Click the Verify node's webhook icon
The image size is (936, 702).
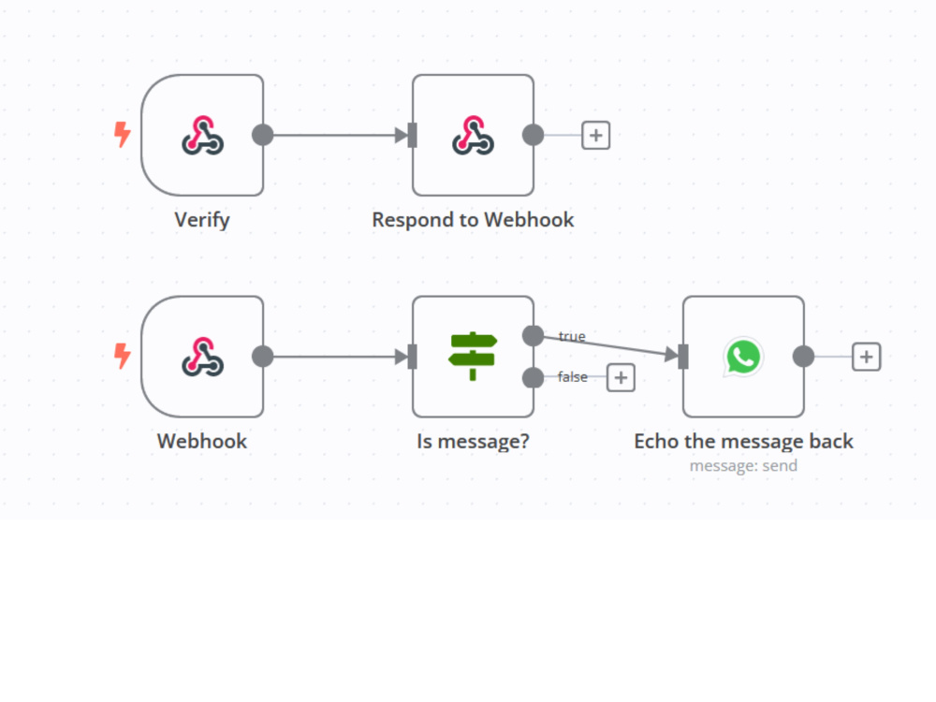(203, 136)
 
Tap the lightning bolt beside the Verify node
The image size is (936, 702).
(123, 134)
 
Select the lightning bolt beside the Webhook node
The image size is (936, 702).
(123, 356)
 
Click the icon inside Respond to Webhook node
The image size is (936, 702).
(473, 136)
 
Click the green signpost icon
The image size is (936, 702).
(472, 357)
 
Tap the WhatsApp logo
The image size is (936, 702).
(743, 357)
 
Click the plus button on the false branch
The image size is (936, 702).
(621, 378)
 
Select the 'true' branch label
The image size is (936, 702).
(572, 337)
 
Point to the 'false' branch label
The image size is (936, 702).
(573, 376)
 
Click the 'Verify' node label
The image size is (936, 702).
(202, 220)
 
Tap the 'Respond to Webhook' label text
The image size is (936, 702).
(473, 220)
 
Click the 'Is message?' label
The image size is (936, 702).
(473, 441)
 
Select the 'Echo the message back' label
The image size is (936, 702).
(744, 441)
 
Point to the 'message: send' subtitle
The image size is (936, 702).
(744, 465)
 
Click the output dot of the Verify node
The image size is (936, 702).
(263, 135)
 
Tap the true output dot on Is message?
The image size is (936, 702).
(534, 336)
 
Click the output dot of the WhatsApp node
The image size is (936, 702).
(803, 357)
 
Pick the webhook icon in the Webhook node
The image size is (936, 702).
(203, 357)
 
